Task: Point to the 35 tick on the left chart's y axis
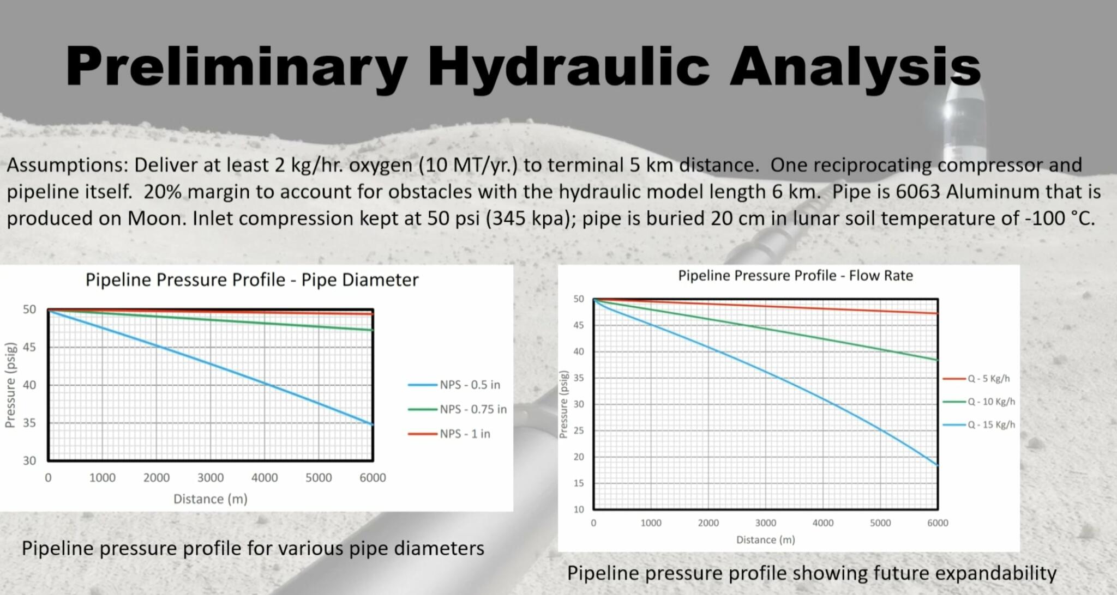pyautogui.click(x=29, y=423)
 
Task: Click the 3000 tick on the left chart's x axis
pyautogui.click(x=211, y=478)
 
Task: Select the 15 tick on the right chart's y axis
pyautogui.click(x=578, y=483)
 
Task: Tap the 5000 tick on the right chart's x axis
pyautogui.click(x=880, y=523)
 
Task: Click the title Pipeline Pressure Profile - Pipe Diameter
pyautogui.click(x=252, y=280)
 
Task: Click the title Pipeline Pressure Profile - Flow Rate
pyautogui.click(x=795, y=276)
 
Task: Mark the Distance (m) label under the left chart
pyautogui.click(x=210, y=499)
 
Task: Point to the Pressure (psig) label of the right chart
pyautogui.click(x=564, y=404)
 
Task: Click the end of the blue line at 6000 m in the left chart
pyautogui.click(x=373, y=424)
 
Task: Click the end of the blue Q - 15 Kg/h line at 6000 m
pyautogui.click(x=937, y=465)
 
